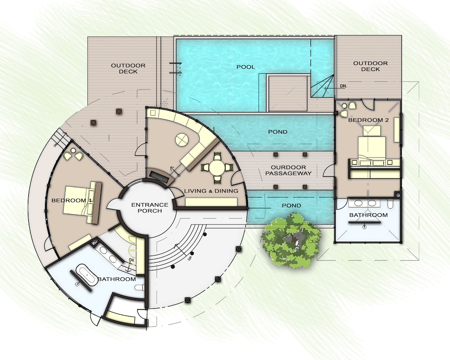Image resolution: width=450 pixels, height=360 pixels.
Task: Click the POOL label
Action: tap(246, 67)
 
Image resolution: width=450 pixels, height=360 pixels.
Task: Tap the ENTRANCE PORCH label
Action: tap(150, 207)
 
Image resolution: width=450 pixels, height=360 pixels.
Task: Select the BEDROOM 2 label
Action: tap(368, 120)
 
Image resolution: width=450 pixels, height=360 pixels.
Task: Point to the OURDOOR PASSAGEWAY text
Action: tap(288, 170)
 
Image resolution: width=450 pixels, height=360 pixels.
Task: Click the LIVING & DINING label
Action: tap(211, 191)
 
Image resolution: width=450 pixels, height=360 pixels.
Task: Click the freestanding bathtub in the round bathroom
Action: tap(86, 275)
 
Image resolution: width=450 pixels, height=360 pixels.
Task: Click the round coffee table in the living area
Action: tap(182, 140)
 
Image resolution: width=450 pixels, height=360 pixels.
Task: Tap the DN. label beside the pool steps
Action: tap(343, 86)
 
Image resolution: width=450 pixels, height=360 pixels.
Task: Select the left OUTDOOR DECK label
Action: tap(128, 68)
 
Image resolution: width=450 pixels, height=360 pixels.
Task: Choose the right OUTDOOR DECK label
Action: tap(370, 66)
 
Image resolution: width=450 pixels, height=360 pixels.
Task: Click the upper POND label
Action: tap(278, 132)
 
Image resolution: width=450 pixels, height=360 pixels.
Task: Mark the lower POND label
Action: tap(291, 206)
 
